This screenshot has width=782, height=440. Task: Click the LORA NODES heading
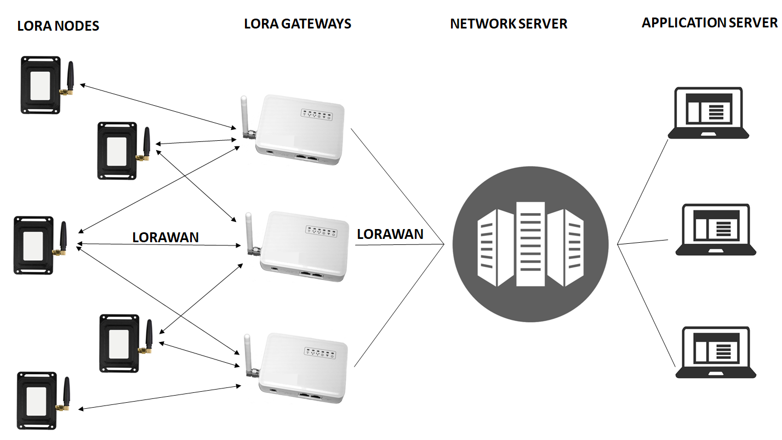[58, 26]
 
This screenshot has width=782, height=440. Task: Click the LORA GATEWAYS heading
[298, 24]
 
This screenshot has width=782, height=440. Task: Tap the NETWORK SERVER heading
[509, 24]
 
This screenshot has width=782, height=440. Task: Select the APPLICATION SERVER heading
[710, 22]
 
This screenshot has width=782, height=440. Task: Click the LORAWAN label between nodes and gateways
[165, 237]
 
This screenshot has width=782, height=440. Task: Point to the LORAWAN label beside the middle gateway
[390, 234]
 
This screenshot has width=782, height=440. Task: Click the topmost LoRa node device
[41, 85]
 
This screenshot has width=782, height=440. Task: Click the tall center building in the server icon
[530, 244]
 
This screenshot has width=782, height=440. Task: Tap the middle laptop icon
[716, 230]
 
